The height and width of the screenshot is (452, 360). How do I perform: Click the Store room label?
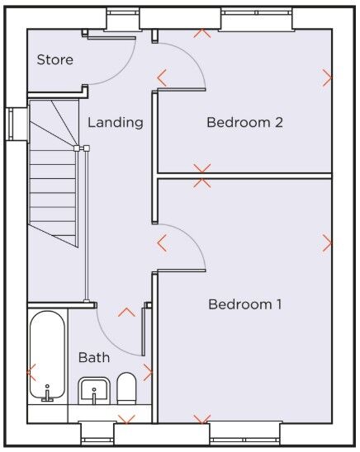point(54,59)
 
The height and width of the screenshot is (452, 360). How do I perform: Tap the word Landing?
point(115,122)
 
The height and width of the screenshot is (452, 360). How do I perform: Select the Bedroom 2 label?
point(244,122)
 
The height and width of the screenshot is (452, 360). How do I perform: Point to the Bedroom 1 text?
point(244,304)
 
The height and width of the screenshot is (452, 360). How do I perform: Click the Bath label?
point(94,357)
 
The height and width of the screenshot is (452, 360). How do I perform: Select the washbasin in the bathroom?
point(94,391)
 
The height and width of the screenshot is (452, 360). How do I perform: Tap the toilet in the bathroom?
point(126,388)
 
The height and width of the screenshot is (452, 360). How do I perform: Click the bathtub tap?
point(47,393)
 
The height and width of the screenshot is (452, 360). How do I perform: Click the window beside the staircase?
point(11,124)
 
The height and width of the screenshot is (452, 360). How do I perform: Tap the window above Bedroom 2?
point(256,18)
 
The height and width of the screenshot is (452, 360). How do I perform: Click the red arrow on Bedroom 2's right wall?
point(328,78)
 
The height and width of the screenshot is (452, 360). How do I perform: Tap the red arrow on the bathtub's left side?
point(31,372)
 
